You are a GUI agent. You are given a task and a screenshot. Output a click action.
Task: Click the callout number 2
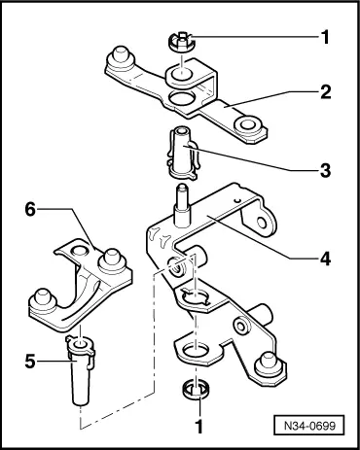[325, 92]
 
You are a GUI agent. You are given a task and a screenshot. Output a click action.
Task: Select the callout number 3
[325, 170]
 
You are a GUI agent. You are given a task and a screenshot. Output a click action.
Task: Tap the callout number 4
[325, 259]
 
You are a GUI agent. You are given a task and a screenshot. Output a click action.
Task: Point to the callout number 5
[30, 362]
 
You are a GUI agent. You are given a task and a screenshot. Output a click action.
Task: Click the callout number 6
[30, 210]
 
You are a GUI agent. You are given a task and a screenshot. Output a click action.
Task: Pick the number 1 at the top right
[325, 37]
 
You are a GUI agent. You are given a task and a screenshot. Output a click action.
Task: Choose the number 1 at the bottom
[199, 426]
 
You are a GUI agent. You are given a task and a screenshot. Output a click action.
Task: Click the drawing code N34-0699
[308, 425]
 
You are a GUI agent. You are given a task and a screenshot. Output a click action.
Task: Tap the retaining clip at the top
[181, 42]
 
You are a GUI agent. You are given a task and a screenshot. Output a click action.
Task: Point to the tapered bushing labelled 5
[80, 369]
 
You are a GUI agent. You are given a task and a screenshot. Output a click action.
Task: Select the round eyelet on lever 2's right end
[248, 125]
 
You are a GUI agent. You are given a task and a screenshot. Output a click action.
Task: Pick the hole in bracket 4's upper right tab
[261, 222]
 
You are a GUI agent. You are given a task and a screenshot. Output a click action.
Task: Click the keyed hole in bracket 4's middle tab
[195, 296]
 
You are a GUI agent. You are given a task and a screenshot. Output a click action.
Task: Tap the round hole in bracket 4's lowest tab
[196, 352]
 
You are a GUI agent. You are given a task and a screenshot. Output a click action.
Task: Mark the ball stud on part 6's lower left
[43, 298]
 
